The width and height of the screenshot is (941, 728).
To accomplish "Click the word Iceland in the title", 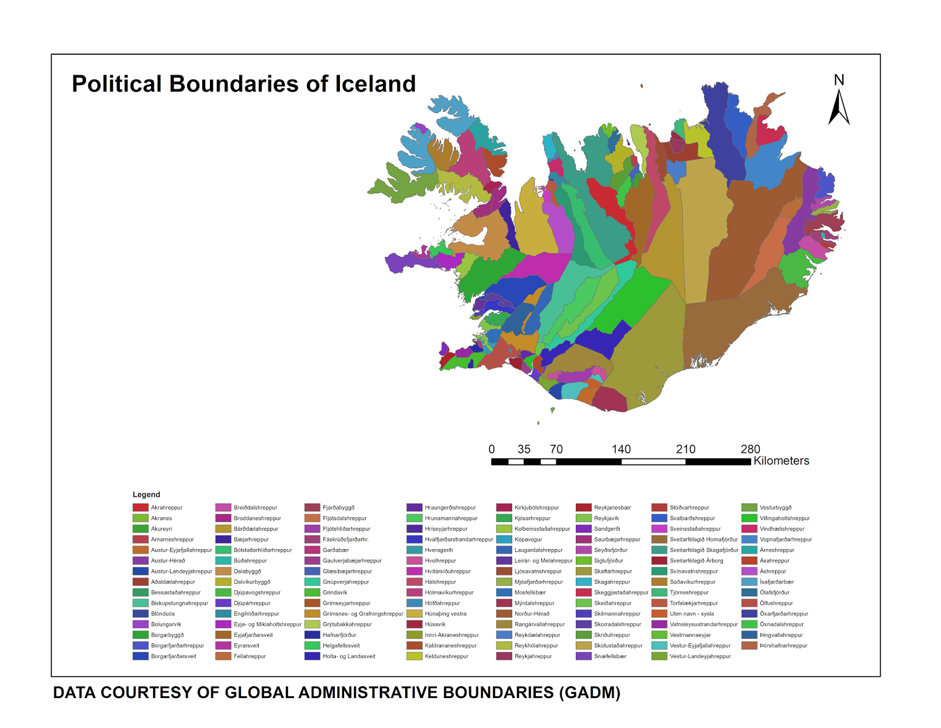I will (x=375, y=84).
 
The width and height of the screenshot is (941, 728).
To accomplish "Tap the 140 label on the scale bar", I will (x=621, y=450).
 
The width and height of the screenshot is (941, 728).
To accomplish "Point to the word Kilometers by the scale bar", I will (x=781, y=461).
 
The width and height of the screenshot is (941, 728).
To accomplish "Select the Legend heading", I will (x=146, y=494).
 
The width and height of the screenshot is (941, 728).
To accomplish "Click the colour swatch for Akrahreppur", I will (x=141, y=507).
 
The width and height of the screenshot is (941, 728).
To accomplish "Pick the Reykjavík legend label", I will (x=606, y=518).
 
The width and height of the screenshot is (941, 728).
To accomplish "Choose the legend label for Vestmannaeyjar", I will (x=690, y=635).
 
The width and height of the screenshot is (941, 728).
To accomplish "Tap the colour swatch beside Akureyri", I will (x=141, y=528).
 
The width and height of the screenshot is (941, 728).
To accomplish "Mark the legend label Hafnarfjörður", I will (x=339, y=635).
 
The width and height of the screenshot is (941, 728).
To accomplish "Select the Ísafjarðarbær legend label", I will (x=776, y=581).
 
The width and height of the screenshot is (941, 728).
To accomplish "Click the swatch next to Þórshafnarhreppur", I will (x=749, y=646).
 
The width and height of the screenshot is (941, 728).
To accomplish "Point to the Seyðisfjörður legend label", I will (x=610, y=550).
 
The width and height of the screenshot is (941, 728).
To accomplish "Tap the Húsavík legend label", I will (x=435, y=624).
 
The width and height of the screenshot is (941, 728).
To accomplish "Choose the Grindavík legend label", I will (x=335, y=592).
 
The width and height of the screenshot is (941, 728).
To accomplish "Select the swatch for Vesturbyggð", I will (x=749, y=507).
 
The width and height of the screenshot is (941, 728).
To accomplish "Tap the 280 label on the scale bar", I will (x=750, y=450).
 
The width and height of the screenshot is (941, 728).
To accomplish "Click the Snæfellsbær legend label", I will (x=610, y=656).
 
